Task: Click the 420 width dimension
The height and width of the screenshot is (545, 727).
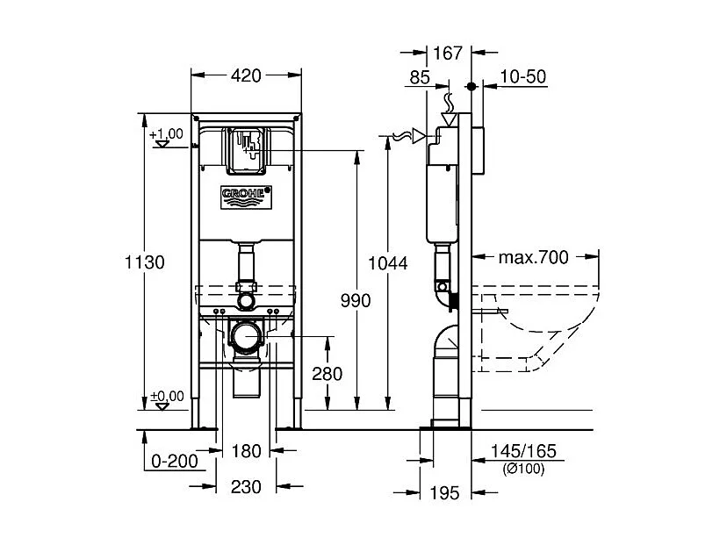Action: [247, 76]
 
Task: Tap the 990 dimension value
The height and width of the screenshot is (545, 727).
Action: [356, 300]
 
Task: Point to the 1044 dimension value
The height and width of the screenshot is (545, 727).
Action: [388, 262]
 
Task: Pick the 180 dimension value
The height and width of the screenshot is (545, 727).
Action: [247, 451]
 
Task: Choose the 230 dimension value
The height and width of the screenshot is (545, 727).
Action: [247, 487]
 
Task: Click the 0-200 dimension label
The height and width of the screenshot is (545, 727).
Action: [175, 460]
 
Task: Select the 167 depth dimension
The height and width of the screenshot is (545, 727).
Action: [448, 54]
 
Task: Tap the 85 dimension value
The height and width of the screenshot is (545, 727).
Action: [420, 77]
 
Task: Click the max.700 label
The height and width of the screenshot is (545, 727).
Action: [534, 257]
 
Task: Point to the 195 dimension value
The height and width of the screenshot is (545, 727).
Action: [446, 494]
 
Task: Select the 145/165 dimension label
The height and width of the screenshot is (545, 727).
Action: [523, 452]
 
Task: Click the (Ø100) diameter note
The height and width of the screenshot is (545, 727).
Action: [523, 469]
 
